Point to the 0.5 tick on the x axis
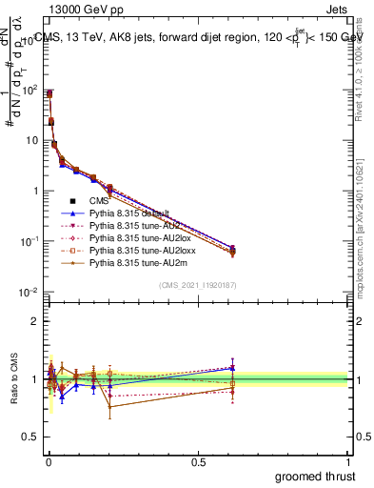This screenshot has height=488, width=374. [198, 461]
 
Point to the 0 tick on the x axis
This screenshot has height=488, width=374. [49, 461]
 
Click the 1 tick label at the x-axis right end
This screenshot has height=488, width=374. [348, 461]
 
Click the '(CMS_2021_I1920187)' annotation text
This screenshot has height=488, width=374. [198, 285]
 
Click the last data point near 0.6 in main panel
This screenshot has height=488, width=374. [233, 251]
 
